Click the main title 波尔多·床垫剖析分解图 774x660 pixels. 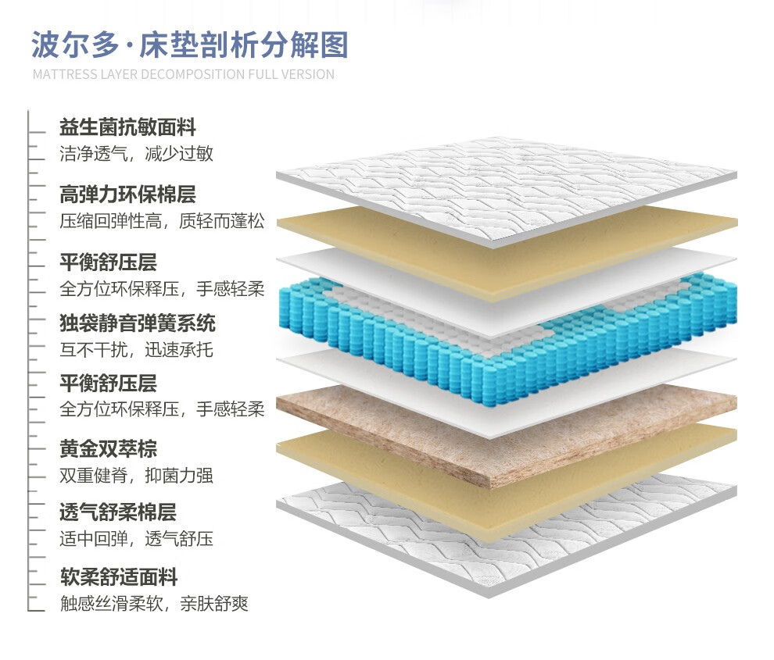click(x=189, y=45)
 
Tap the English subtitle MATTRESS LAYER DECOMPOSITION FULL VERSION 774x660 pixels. click(x=183, y=75)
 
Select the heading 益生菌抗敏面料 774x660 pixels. click(x=127, y=127)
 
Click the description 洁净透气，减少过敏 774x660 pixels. click(x=136, y=153)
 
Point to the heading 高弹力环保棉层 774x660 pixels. click(x=127, y=194)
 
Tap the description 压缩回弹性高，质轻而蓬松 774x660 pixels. click(x=162, y=220)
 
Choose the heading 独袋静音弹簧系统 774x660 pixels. click(x=138, y=323)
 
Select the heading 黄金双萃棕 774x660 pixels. click(x=108, y=448)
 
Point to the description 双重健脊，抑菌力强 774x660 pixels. click(x=136, y=475)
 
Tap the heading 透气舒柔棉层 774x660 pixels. click(x=118, y=512)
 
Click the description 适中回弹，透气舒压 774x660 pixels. click(x=136, y=539)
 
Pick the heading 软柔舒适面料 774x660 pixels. click(x=118, y=577)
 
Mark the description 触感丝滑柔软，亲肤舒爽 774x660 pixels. click(x=154, y=604)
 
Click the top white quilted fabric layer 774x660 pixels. click(x=508, y=187)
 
